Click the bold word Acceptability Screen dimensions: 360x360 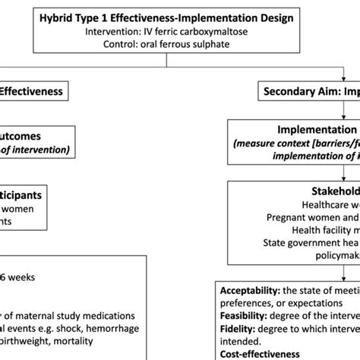tap(251, 291)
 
